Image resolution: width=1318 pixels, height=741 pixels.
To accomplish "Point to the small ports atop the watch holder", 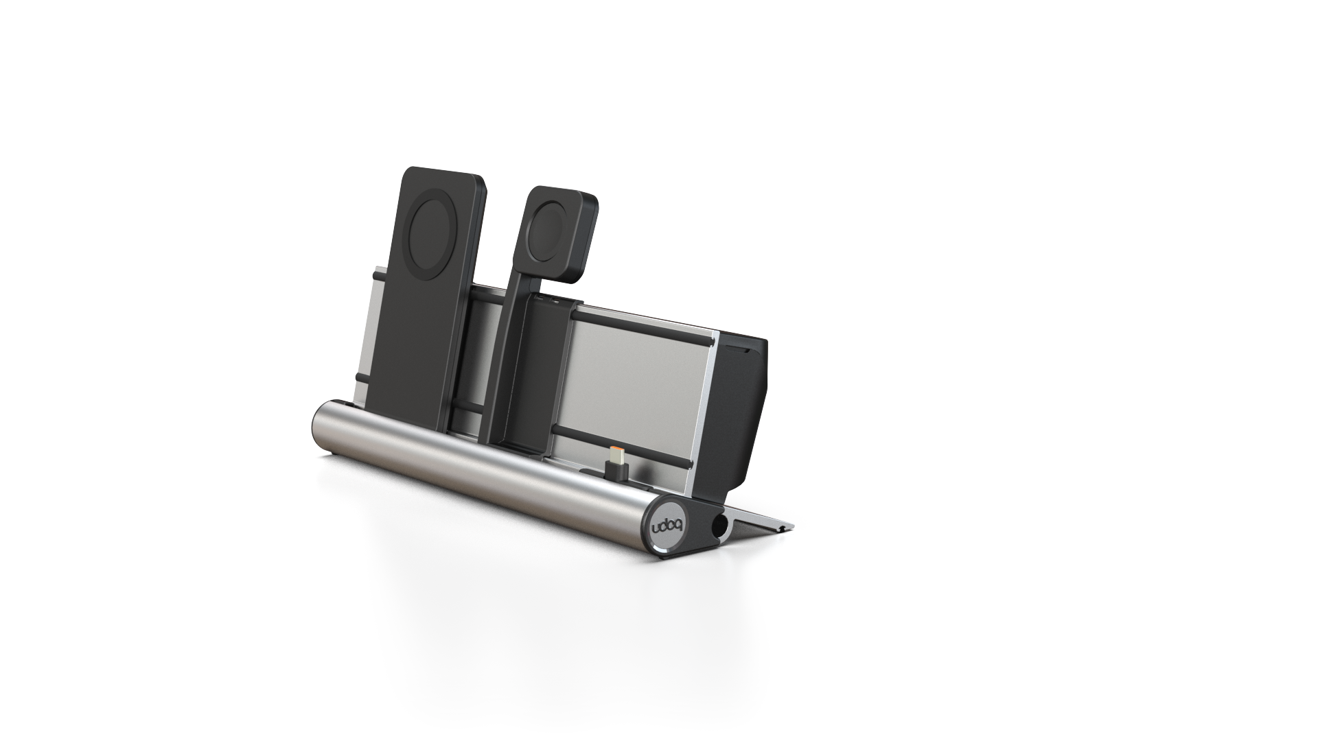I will coord(549,301).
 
